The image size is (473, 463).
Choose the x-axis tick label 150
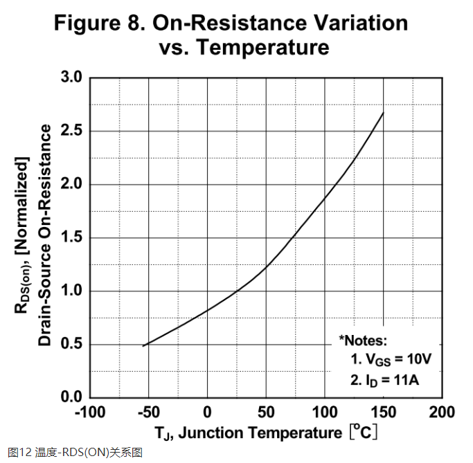(383, 413)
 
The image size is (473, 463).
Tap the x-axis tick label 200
(442, 413)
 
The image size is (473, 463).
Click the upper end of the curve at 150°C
(383, 112)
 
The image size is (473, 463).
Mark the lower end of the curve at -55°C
(143, 345)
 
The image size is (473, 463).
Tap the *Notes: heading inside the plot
(363, 341)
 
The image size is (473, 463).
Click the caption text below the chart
(75, 453)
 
